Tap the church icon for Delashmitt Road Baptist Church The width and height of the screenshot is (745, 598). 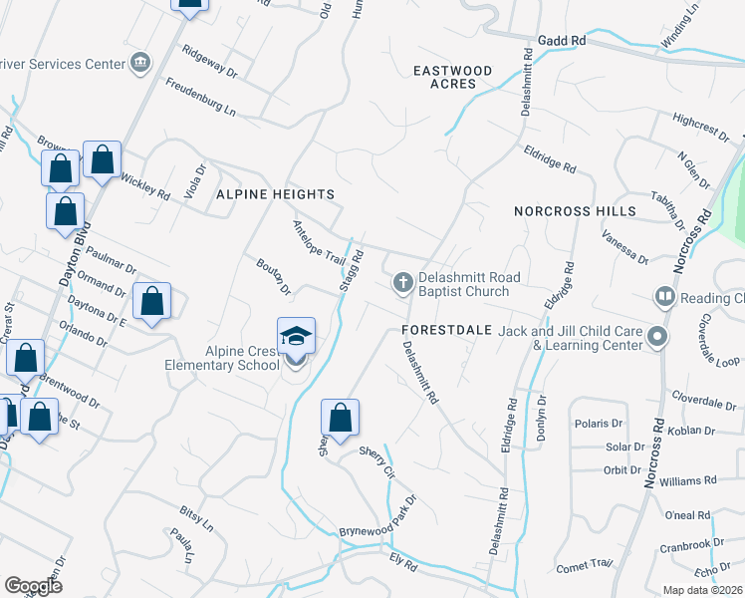click(x=403, y=283)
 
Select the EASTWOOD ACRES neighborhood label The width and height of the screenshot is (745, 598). click(x=453, y=77)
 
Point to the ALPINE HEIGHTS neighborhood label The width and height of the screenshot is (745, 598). click(x=275, y=194)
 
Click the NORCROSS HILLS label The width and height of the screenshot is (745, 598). click(x=575, y=211)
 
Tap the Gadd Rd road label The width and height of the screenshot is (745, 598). click(x=562, y=40)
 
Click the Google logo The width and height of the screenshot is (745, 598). click(x=33, y=585)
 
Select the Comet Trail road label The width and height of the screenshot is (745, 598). click(x=584, y=565)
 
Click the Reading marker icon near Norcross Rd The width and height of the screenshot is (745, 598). click(x=664, y=297)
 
